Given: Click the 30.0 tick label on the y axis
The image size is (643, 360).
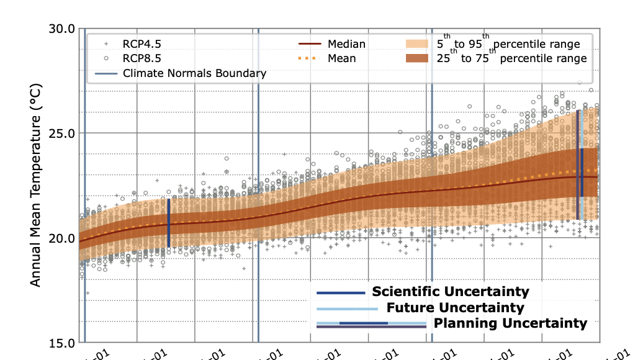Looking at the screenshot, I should (62, 29).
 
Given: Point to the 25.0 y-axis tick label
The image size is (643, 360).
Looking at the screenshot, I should (62, 133).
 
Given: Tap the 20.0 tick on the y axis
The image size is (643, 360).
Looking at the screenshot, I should (62, 238).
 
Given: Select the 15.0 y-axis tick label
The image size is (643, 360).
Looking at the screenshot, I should (62, 343).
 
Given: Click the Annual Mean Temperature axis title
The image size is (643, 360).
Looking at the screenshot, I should (35, 185).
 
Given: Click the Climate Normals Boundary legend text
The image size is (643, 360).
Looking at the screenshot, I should (194, 73).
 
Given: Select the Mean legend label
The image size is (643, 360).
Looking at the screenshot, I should (342, 58).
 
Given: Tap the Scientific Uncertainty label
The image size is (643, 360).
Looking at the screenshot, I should (450, 292).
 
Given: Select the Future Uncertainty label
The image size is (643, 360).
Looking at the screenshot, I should (455, 308).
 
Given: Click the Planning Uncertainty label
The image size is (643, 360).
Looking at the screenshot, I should (510, 323).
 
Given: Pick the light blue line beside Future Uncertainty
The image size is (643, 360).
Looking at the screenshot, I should (347, 308).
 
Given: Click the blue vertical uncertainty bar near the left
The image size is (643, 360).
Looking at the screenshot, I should (169, 222).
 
